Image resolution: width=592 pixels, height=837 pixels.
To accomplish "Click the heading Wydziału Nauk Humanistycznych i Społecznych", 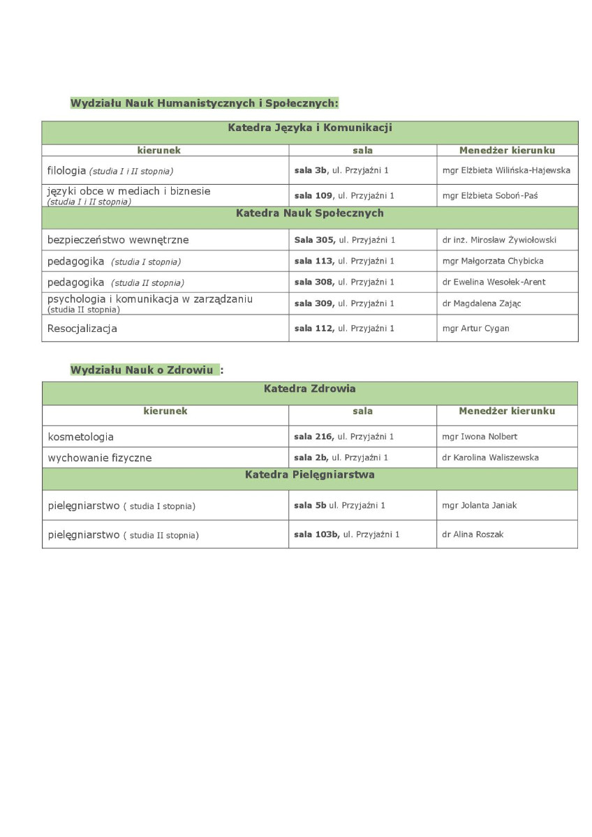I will click(x=204, y=103).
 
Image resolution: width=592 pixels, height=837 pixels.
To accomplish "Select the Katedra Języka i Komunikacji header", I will click(x=310, y=128).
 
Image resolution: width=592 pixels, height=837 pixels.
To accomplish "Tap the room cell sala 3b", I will click(x=341, y=170).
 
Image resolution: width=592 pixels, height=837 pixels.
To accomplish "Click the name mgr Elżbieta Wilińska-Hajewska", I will click(x=506, y=170).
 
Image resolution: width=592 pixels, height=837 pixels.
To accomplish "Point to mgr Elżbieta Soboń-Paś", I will click(x=490, y=196).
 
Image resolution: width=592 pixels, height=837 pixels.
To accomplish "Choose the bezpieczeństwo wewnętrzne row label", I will click(x=118, y=240).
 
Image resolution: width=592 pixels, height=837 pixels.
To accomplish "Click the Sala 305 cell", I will click(x=345, y=240).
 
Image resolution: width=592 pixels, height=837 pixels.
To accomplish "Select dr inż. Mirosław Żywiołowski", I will click(x=499, y=240).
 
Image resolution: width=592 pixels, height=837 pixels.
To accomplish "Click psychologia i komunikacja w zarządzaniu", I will click(x=150, y=299).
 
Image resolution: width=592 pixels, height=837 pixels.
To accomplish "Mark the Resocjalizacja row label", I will click(x=82, y=328).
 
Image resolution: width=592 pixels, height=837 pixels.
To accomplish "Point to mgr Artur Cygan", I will click(x=475, y=329).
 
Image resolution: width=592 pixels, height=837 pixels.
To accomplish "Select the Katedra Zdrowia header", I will click(x=310, y=389).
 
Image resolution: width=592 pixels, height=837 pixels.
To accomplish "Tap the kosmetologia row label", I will click(x=80, y=437).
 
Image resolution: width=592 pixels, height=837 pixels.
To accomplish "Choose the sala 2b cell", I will click(x=341, y=458).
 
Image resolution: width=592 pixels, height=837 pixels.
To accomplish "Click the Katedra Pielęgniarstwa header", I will click(x=310, y=475).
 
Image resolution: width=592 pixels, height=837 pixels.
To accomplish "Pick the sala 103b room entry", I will click(x=347, y=535).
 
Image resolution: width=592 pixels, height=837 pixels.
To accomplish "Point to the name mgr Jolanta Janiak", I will click(x=480, y=506).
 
